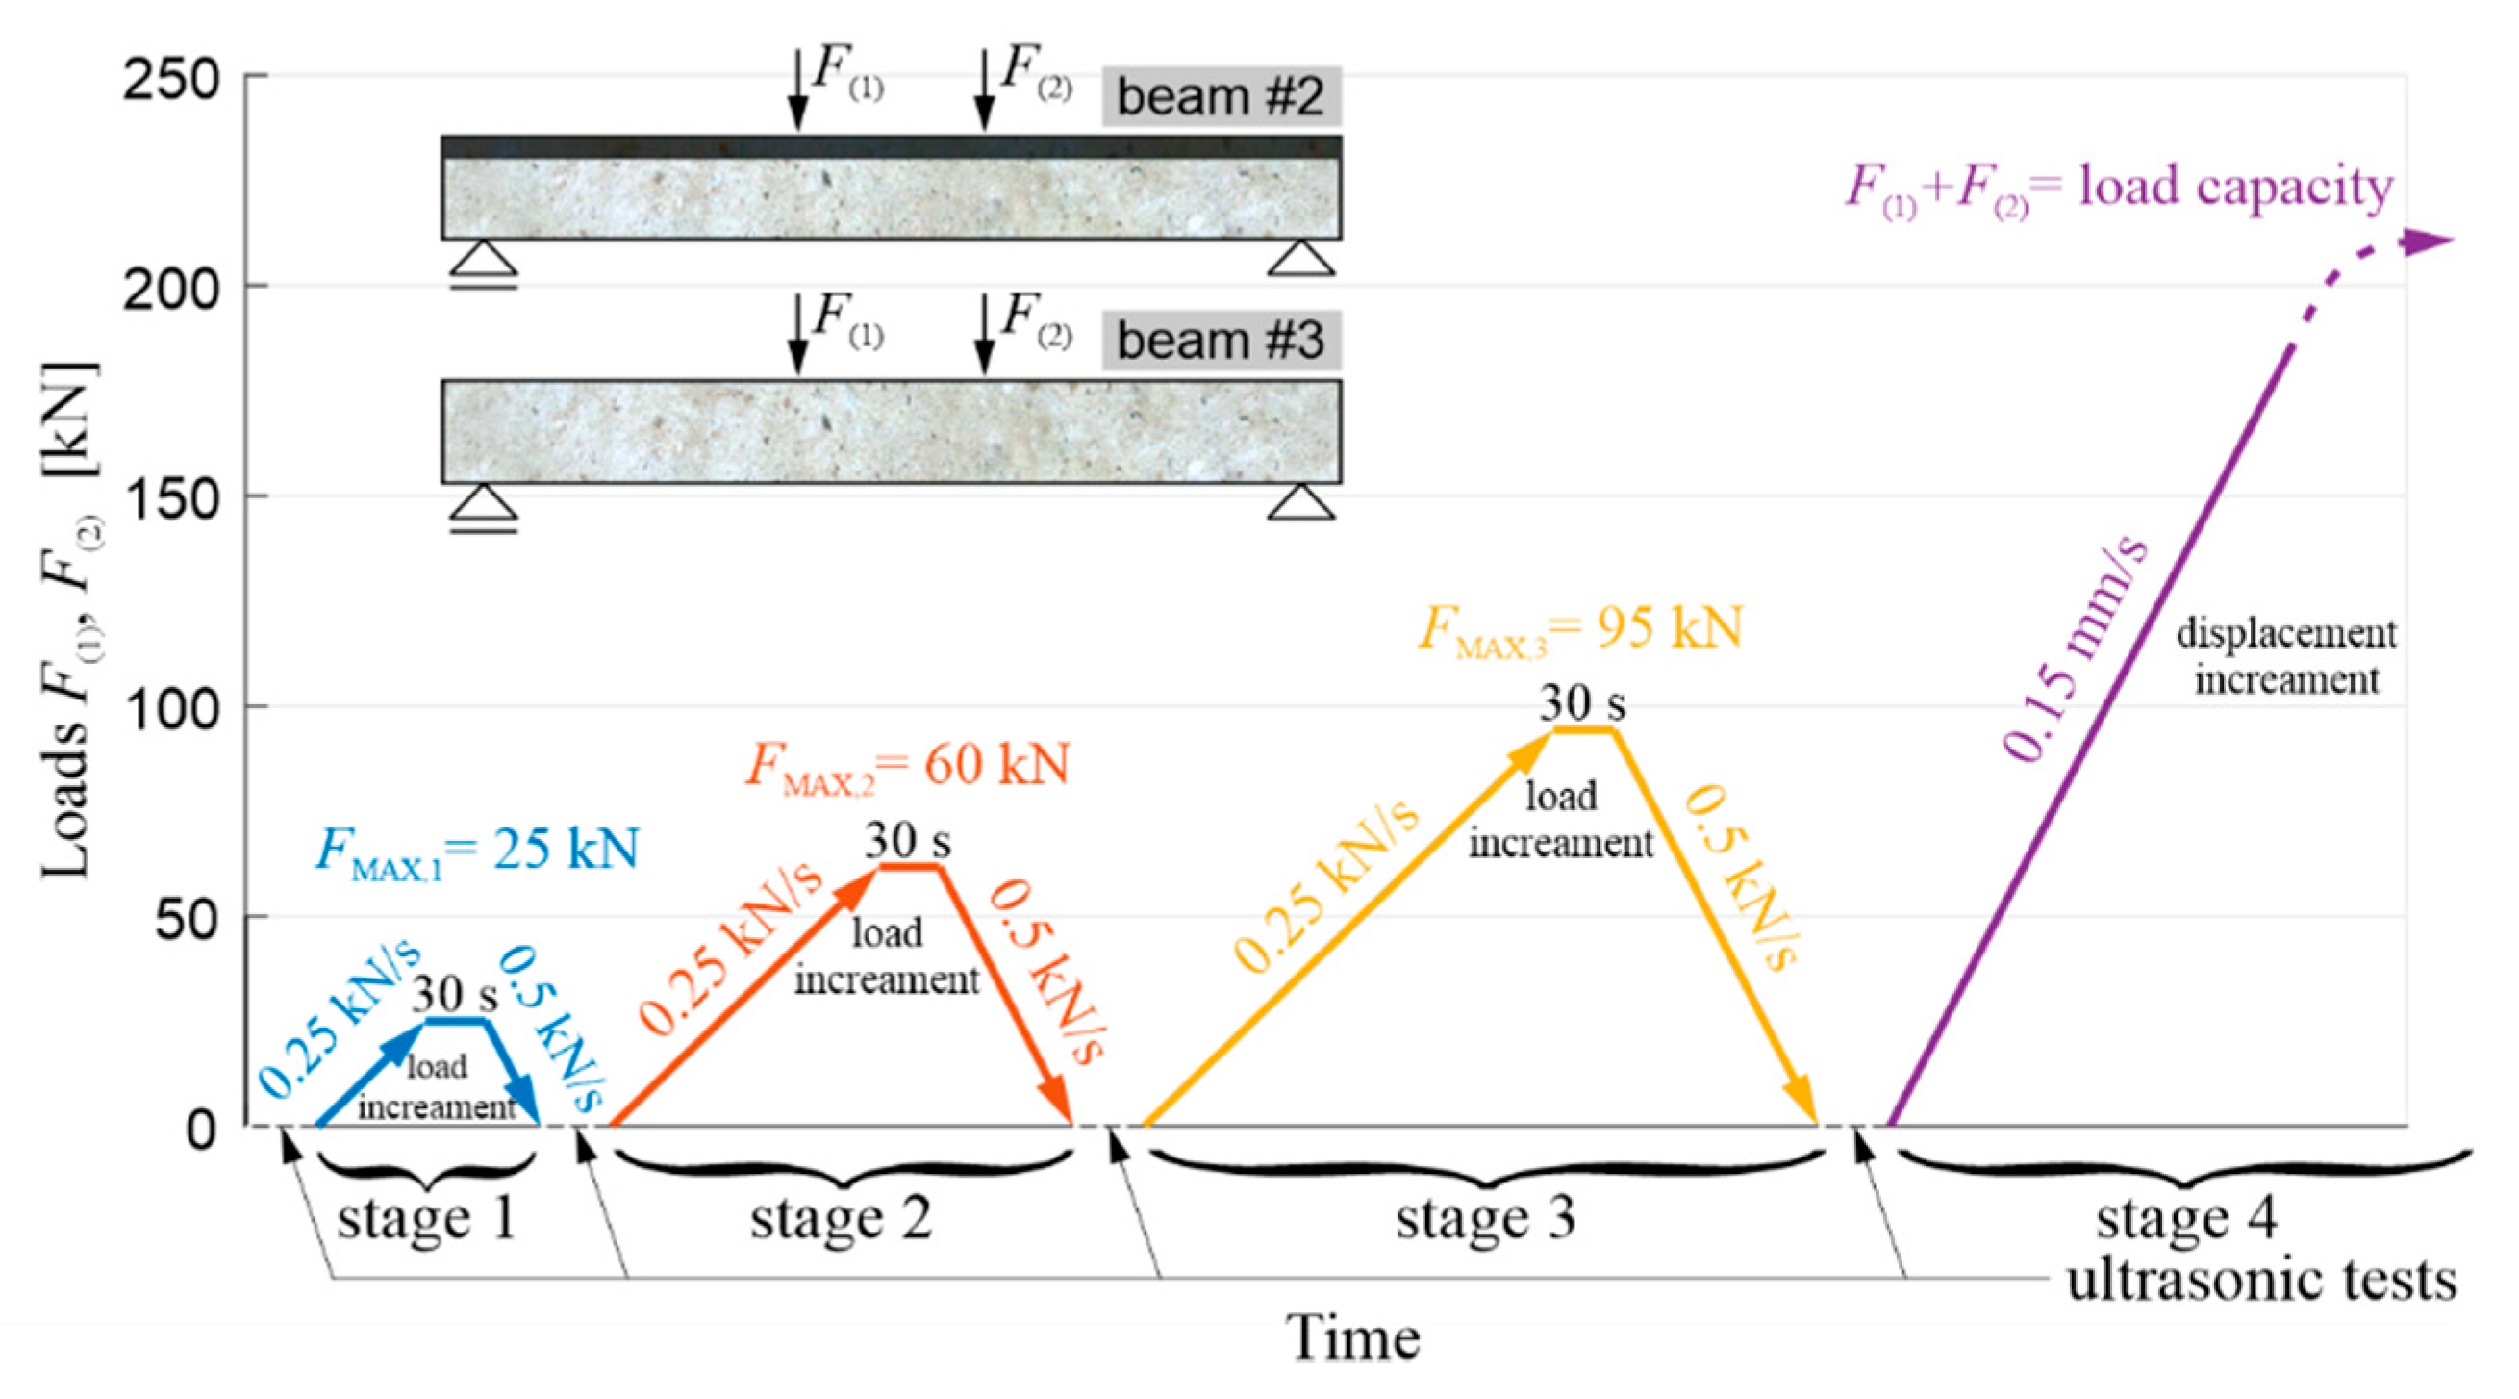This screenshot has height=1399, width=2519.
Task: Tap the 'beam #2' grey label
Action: (1221, 97)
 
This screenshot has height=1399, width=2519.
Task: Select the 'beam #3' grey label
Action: (1221, 341)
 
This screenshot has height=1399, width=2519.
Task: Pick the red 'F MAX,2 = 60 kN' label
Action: (907, 765)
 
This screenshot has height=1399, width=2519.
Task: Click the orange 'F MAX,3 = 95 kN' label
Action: (1580, 628)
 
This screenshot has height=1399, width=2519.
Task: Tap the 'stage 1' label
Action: (426, 1219)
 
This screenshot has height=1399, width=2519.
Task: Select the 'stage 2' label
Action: (841, 1219)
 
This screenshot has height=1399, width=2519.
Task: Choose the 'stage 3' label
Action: (1485, 1219)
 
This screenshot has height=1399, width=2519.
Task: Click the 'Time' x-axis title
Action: (1352, 1337)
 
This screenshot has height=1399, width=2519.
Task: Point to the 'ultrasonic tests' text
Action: (2261, 1280)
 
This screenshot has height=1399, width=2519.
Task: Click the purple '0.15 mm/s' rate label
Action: (2076, 649)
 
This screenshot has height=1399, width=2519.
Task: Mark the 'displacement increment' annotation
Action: (2286, 656)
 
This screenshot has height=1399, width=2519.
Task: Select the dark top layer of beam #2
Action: (890, 147)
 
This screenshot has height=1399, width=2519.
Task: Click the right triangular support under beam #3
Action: (1300, 503)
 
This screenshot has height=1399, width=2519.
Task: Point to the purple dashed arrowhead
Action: (2430, 241)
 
